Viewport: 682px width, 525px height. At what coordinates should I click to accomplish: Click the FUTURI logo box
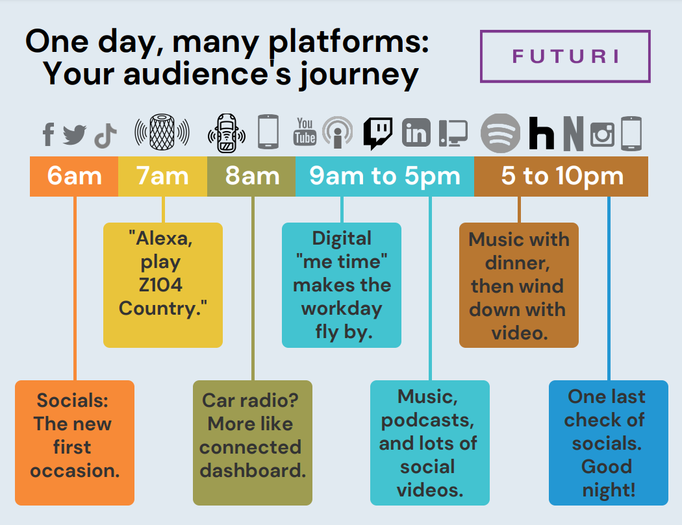[x=565, y=56]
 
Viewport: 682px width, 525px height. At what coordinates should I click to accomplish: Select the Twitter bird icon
[x=75, y=134]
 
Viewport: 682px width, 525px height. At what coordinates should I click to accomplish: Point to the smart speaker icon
[x=162, y=132]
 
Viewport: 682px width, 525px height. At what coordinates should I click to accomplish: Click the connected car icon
[x=226, y=133]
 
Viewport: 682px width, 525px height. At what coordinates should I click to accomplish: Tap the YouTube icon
[x=305, y=131]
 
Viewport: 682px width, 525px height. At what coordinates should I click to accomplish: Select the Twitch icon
[x=377, y=133]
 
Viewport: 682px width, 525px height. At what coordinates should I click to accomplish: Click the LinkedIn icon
[x=416, y=134]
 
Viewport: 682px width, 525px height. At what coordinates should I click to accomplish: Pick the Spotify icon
[x=500, y=134]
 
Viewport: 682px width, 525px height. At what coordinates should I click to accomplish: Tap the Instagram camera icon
[x=602, y=134]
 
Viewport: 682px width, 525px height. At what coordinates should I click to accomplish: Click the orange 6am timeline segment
[x=74, y=176]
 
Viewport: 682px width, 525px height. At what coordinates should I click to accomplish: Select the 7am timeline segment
[x=162, y=176]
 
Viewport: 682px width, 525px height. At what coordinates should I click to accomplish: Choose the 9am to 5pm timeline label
[x=385, y=176]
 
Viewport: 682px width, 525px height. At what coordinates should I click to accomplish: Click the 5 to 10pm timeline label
[x=561, y=176]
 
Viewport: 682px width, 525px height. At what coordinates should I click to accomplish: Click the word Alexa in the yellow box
[x=164, y=238]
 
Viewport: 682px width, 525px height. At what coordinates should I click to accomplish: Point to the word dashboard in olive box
[x=253, y=470]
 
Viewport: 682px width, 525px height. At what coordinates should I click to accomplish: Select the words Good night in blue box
[x=607, y=478]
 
